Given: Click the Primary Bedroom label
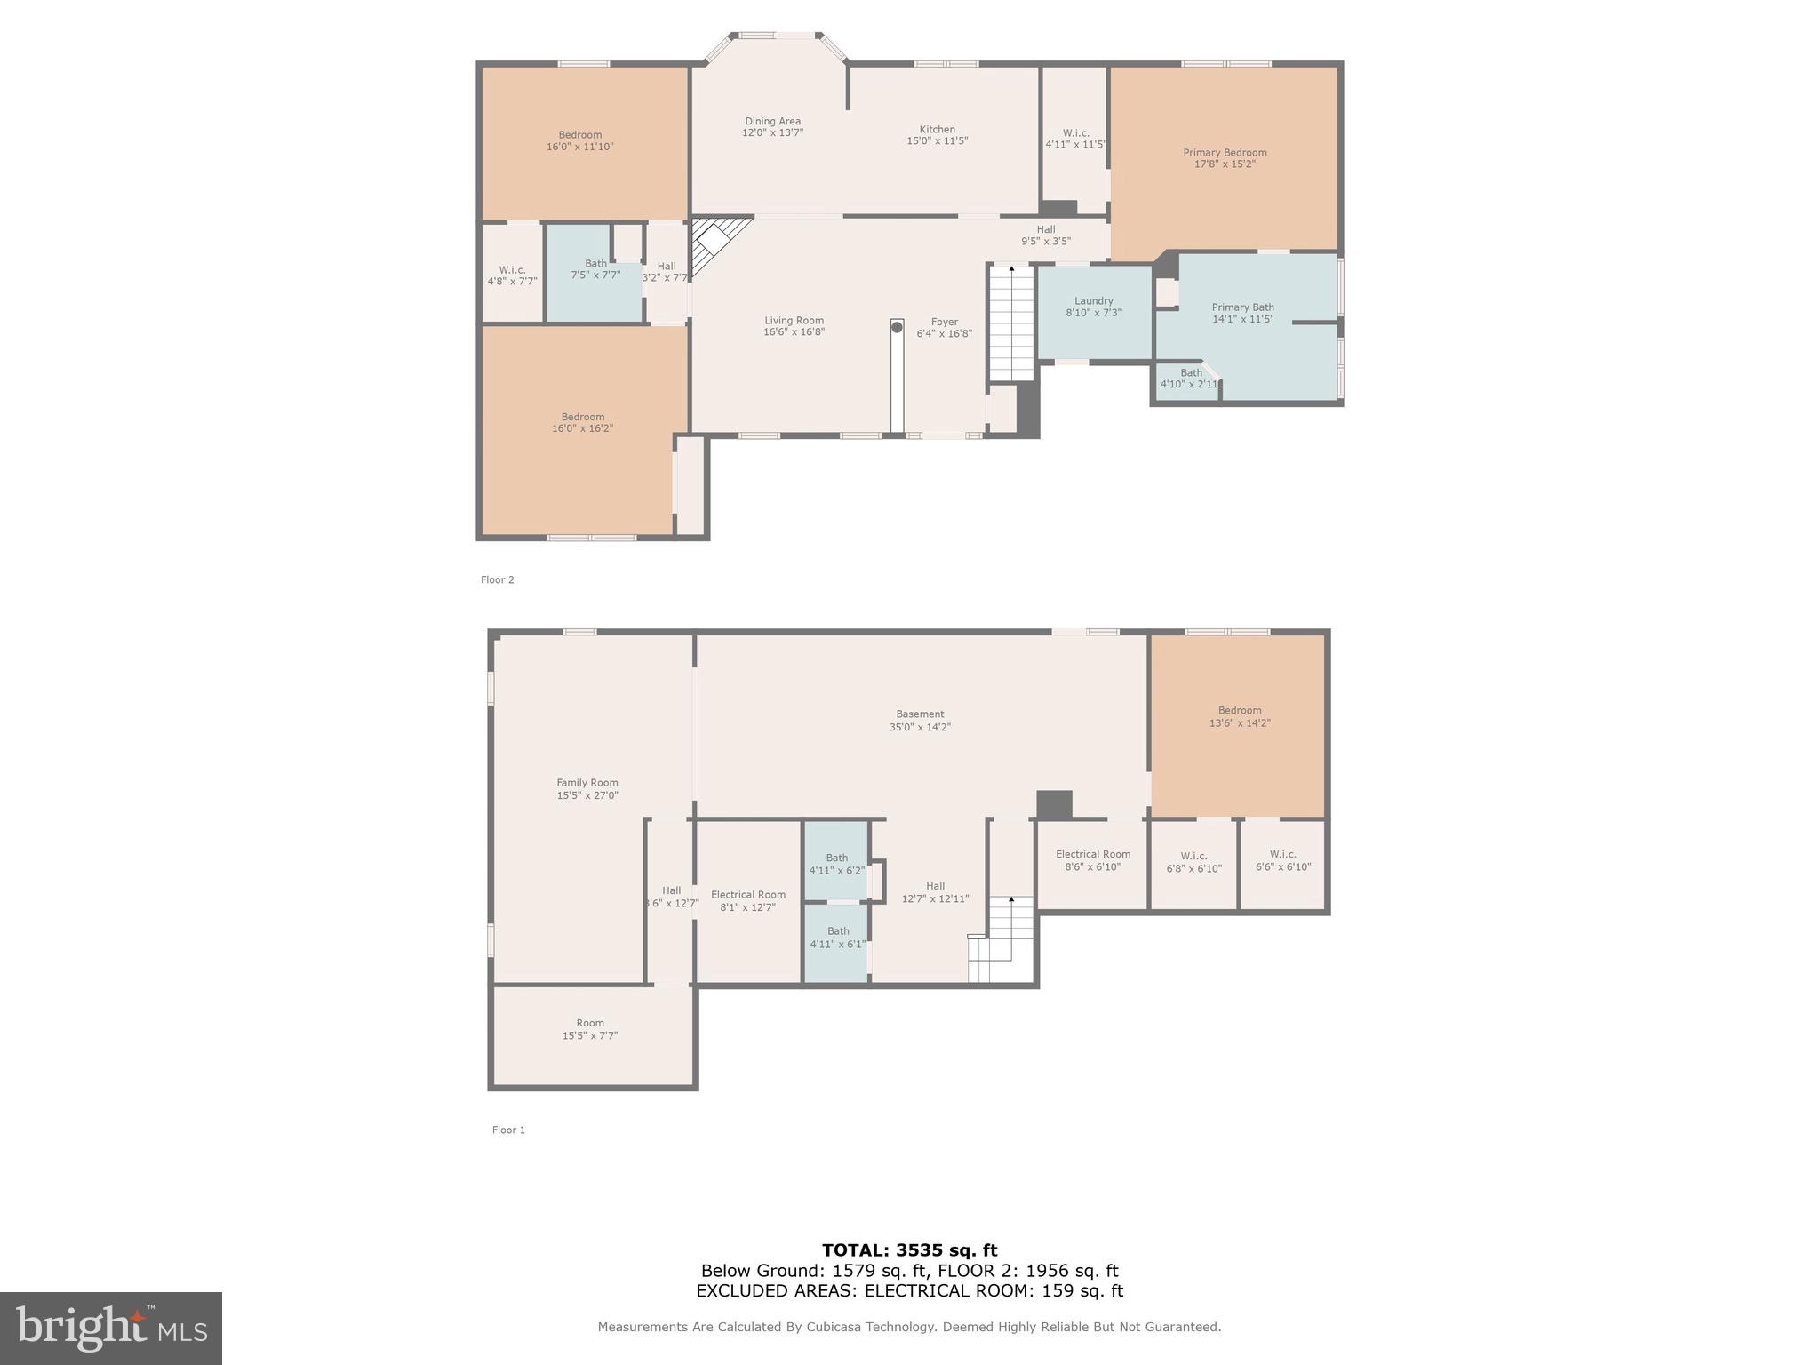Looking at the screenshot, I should [1225, 158].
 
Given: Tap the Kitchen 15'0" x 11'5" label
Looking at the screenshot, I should [937, 135].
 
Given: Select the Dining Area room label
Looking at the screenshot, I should [772, 127].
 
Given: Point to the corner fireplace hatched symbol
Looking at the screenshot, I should [714, 243].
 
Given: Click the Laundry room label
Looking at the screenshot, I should [1093, 307].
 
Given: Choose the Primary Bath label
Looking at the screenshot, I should [1242, 313].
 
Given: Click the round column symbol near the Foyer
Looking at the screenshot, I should [897, 327].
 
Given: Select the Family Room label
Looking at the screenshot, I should [587, 789].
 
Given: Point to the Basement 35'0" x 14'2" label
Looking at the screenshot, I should [920, 720].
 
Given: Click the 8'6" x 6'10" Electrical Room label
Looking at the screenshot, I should [1092, 860].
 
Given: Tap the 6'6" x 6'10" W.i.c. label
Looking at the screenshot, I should [1282, 860].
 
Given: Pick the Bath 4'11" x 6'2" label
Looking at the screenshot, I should [836, 864].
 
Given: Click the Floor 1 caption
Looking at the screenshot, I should [508, 1130].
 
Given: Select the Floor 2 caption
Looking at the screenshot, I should [497, 579].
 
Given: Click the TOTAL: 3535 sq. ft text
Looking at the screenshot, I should [909, 1250].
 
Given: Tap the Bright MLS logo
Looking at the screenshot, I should [111, 1328].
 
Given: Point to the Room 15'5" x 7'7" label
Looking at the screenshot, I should [589, 1029].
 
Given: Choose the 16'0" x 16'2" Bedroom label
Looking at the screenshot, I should [582, 422].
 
